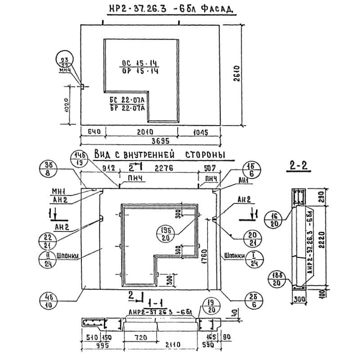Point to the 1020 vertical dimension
[x=67, y=106]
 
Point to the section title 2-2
[x=298, y=166]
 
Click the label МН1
[x=59, y=191]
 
